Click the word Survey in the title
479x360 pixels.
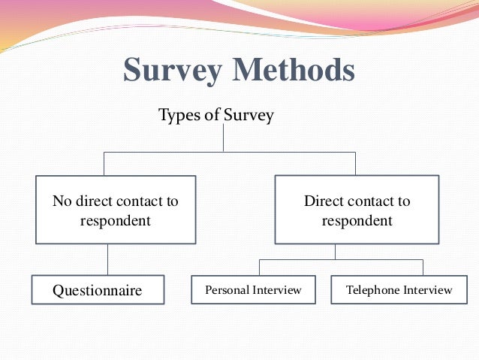[x=173, y=71]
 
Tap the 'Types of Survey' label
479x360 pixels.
[x=216, y=116]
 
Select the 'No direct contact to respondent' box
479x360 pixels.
[x=116, y=210]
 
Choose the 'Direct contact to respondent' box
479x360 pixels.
[x=357, y=210]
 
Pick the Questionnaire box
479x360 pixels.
[x=98, y=289]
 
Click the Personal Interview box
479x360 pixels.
[x=253, y=289]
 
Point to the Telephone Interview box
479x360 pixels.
[x=399, y=289]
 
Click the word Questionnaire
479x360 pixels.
[x=97, y=290]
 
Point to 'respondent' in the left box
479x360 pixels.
[x=116, y=221]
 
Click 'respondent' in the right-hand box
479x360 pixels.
[x=357, y=221]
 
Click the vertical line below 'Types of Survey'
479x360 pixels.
[x=224, y=138]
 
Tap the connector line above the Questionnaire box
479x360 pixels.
[x=107, y=259]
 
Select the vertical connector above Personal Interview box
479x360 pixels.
[x=260, y=268]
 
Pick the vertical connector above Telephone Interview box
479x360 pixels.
[x=423, y=268]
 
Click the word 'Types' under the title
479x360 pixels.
[x=178, y=116]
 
